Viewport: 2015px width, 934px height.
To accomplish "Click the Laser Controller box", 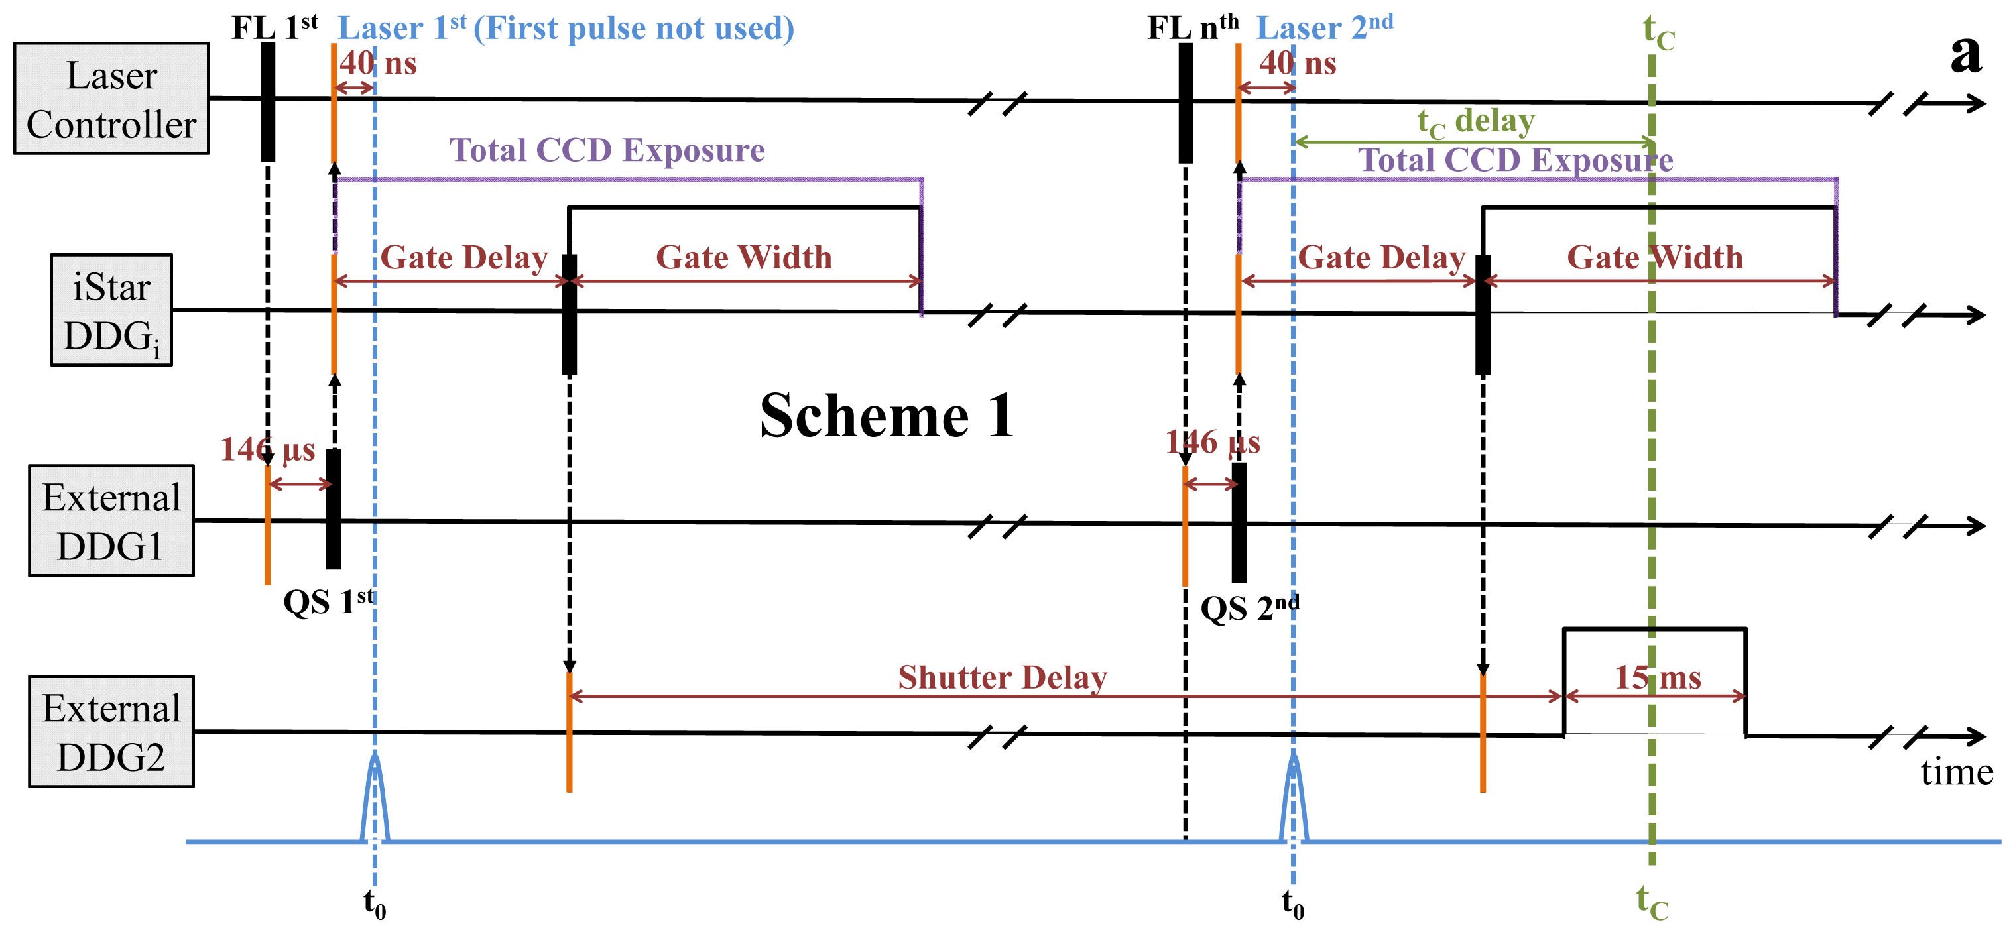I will coord(111,99).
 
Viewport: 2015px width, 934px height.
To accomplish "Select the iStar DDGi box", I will coord(111,310).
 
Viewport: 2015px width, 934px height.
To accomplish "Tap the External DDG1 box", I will coord(111,521).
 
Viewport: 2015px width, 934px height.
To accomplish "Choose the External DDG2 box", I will coord(111,731).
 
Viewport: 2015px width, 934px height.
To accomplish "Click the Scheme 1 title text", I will coord(886,416).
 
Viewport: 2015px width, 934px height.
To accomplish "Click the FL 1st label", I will coord(274,28).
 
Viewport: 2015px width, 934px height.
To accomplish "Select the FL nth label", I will coord(1192,28).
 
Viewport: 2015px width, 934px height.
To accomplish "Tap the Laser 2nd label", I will coord(1323,28).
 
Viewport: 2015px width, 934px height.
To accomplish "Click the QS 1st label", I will coord(328,601).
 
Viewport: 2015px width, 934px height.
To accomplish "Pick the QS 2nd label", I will coord(1249,608).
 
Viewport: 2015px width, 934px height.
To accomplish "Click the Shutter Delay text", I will coord(1002,677).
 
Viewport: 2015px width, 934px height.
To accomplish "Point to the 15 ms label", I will coord(1658,677).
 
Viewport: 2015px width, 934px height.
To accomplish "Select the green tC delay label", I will coord(1475,122).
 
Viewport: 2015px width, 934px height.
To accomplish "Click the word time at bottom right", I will coord(1957,772).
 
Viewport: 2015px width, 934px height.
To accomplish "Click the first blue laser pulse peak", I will coord(375,757).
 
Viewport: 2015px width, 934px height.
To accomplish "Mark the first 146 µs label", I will coord(267,450).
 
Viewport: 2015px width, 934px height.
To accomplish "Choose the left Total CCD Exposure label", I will coord(607,150).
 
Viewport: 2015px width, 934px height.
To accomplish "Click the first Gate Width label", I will coord(743,257).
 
